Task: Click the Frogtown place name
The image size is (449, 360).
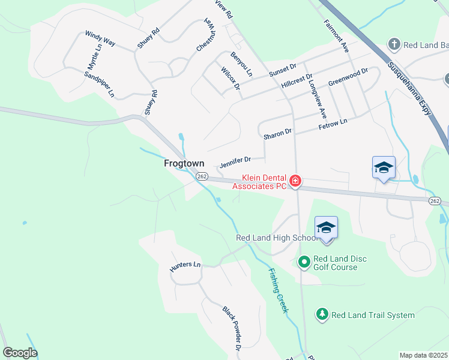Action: [x=184, y=163]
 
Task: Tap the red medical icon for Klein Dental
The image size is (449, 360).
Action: [x=295, y=181]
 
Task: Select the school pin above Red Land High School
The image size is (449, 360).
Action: [x=326, y=229]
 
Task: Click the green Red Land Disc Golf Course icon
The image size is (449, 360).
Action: [x=304, y=261]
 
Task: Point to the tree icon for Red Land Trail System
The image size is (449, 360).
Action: [x=322, y=314]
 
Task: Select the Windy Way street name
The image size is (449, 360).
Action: [x=100, y=40]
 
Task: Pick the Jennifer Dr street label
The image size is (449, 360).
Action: [x=234, y=161]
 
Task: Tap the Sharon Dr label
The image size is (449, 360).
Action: [x=277, y=134]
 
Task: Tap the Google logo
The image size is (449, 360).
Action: [x=20, y=353]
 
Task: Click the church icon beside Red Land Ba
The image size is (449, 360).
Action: [x=394, y=44]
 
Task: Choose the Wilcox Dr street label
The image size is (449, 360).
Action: [x=230, y=79]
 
